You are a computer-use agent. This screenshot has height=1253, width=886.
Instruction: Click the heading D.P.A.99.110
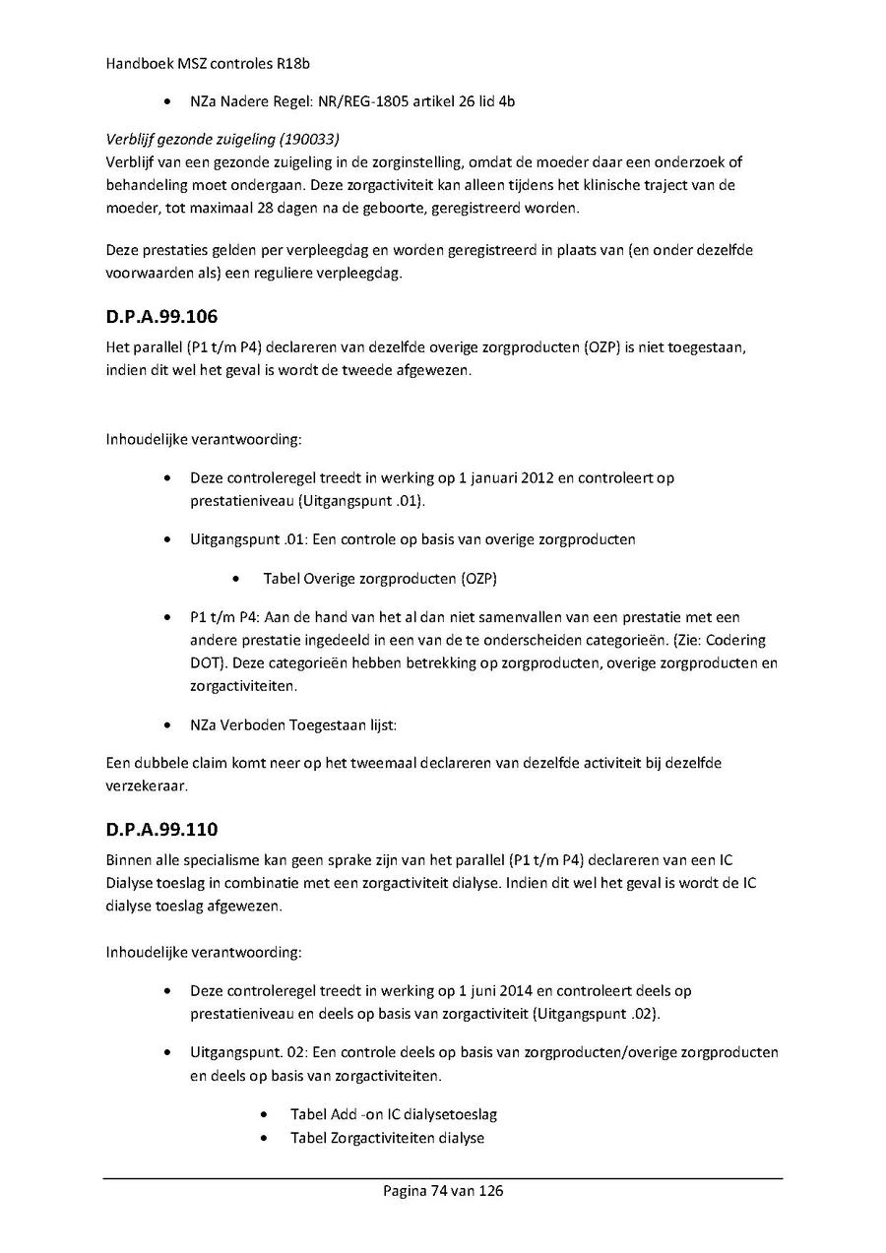161,830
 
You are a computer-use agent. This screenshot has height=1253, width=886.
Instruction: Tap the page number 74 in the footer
439,1190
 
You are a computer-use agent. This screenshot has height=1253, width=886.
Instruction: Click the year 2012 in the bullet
535,478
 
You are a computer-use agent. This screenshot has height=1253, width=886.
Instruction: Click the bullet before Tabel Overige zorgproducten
237,578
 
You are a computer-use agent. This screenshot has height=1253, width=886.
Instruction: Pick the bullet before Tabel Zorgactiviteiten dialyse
265,1138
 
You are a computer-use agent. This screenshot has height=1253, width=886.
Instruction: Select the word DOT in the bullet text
204,662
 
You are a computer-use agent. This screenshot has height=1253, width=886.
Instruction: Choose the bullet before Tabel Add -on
265,1114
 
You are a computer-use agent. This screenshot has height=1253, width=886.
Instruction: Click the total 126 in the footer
491,1190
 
